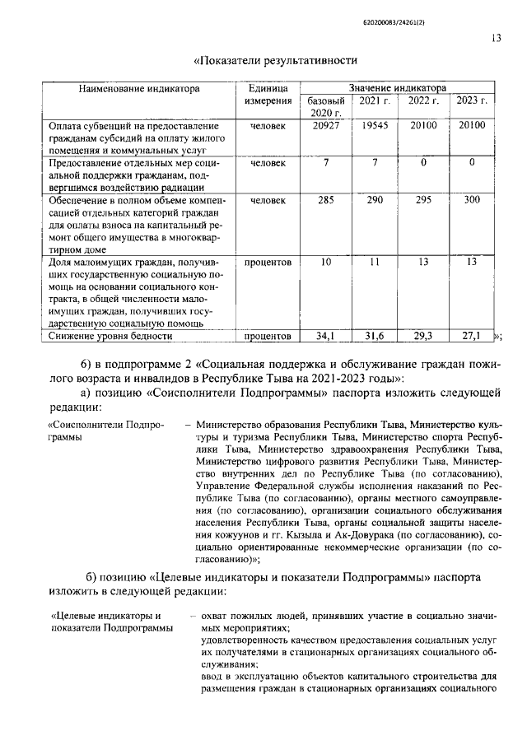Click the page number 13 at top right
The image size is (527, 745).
coord(497,37)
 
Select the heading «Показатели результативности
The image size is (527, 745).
coord(274,59)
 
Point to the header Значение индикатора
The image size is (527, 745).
coord(398,86)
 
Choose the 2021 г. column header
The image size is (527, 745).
coord(374,100)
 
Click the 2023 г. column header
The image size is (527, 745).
coord(472,100)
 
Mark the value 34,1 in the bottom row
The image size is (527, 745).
coord(326,336)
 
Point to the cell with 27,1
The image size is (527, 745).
coord(472,336)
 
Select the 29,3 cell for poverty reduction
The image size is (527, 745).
coord(422,336)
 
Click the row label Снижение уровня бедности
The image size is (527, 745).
coord(110,336)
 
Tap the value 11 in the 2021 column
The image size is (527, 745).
coord(374,262)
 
